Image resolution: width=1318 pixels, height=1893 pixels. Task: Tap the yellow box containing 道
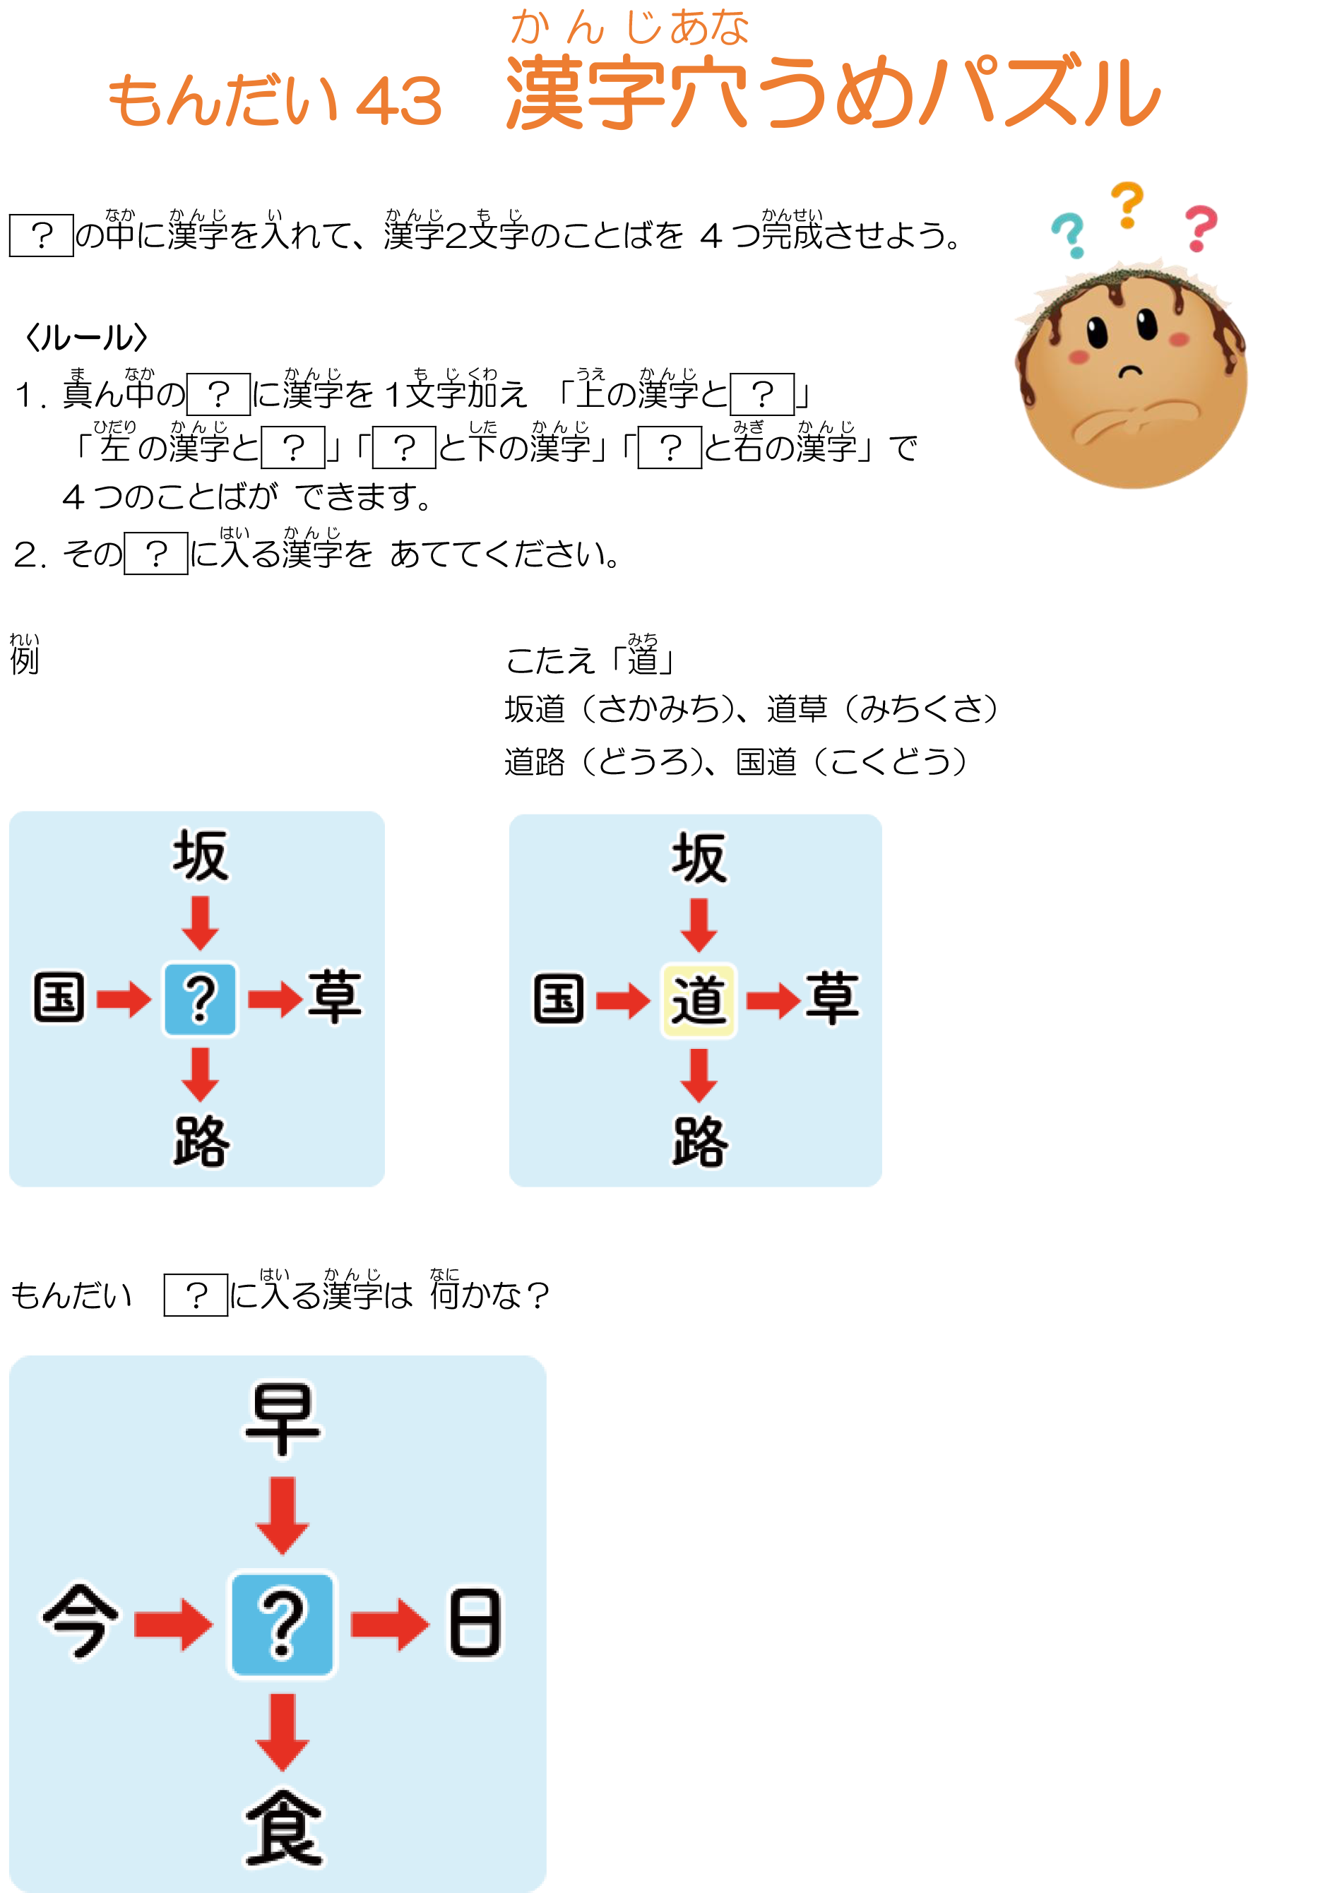tap(698, 1000)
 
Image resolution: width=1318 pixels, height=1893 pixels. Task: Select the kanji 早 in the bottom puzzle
tap(282, 1419)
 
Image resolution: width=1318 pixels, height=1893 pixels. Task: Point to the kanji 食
tap(283, 1828)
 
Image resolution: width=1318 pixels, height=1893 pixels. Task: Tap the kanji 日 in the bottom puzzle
tap(475, 1622)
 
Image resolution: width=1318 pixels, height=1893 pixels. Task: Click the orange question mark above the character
tap(1127, 204)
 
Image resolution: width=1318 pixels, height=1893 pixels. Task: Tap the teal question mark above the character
tap(1070, 234)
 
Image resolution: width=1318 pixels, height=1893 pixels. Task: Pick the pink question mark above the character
tap(1200, 227)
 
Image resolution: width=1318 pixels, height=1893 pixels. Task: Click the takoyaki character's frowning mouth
tap(1131, 370)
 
